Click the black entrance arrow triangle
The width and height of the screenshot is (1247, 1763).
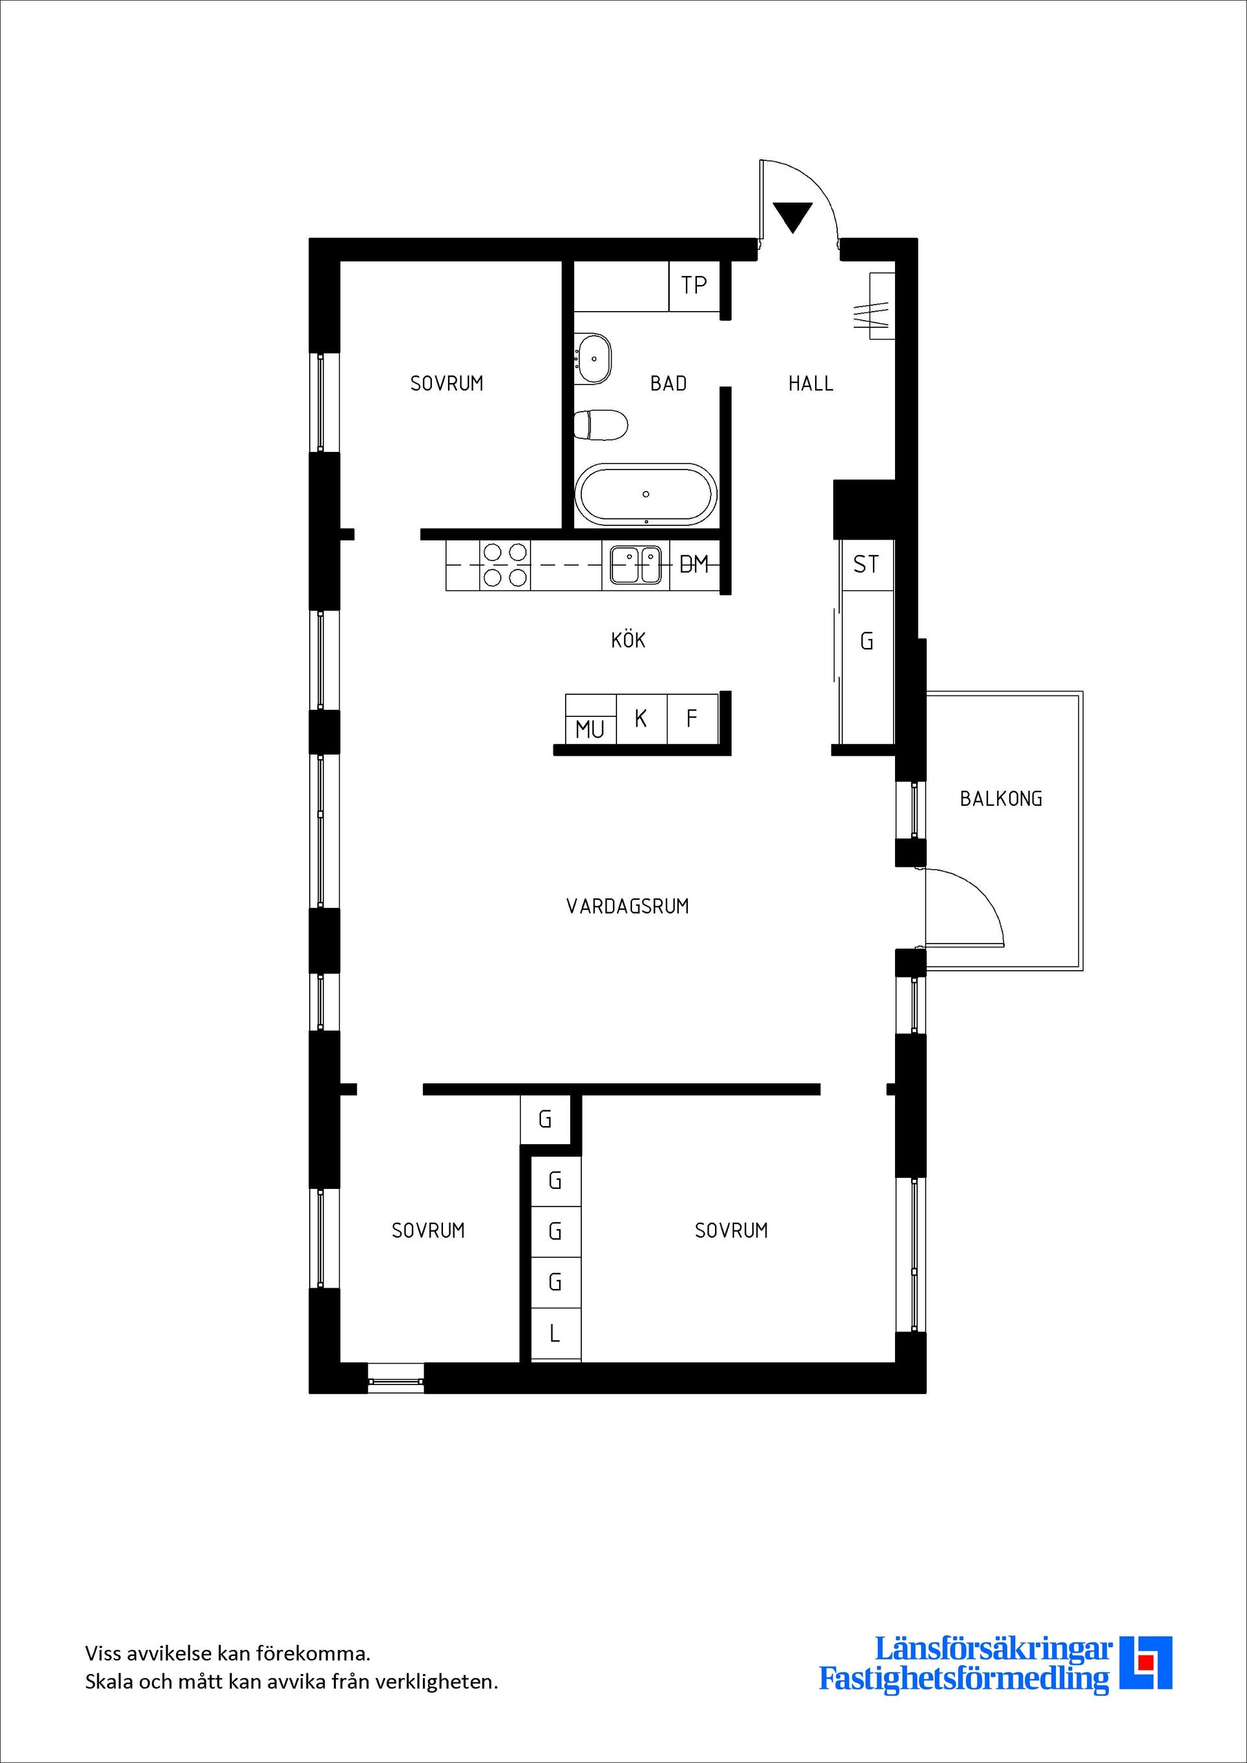(x=792, y=216)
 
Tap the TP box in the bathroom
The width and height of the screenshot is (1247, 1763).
(x=694, y=286)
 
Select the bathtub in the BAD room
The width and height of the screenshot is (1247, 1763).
(x=646, y=495)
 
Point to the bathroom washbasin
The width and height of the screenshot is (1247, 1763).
(x=594, y=358)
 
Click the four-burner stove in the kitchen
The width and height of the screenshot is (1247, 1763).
(x=505, y=564)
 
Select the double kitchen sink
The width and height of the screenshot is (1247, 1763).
(x=635, y=565)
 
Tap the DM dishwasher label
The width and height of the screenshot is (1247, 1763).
(x=694, y=565)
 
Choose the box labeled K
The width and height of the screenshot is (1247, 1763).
(x=641, y=719)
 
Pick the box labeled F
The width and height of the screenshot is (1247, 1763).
(x=692, y=719)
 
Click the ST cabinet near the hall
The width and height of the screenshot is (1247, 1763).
(x=866, y=565)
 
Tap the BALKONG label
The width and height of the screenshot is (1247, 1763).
(x=1000, y=799)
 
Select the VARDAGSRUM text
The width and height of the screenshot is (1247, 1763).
(x=627, y=906)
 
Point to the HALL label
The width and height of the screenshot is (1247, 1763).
(x=811, y=383)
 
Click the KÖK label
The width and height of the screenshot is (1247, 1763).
(x=628, y=640)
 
